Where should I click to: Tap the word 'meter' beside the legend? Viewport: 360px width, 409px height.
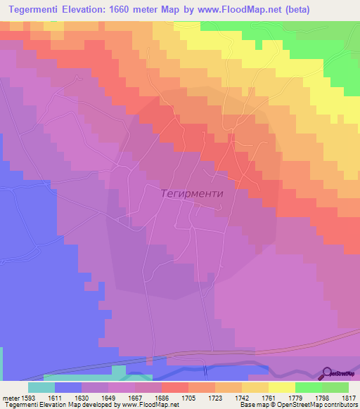click(11, 398)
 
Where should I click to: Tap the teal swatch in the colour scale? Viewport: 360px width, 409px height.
click(41, 387)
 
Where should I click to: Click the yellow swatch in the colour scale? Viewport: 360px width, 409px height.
click(281, 387)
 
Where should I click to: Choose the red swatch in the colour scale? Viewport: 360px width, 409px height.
click(175, 387)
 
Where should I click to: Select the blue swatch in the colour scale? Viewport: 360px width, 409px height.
click(68, 387)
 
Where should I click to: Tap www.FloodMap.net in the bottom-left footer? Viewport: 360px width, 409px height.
click(150, 405)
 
